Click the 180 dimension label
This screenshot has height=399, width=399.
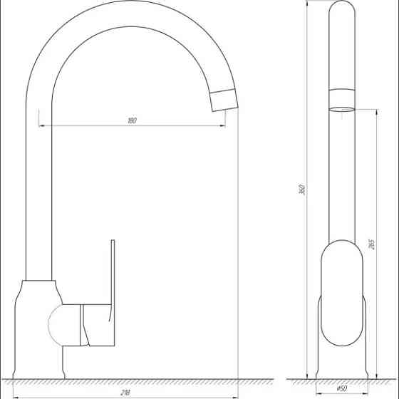[132, 120]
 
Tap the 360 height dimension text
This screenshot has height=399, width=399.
[302, 190]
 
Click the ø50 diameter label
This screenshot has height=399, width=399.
[342, 388]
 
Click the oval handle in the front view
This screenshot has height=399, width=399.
[341, 299]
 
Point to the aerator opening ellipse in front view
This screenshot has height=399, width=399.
[341, 109]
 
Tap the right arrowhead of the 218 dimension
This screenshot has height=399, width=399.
[234, 397]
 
